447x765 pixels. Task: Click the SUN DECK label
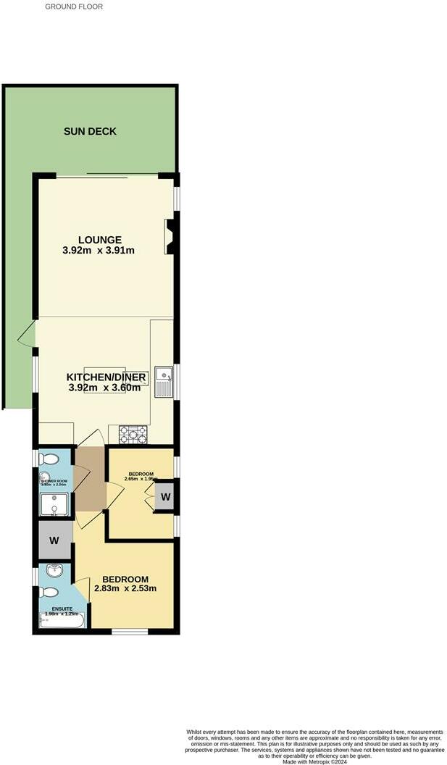click(x=90, y=131)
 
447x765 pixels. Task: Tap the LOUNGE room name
click(x=99, y=240)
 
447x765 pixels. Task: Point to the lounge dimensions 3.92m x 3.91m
click(x=99, y=251)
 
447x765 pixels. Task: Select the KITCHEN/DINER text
click(x=107, y=377)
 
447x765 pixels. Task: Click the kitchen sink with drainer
click(x=164, y=382)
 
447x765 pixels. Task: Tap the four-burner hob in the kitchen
click(x=133, y=435)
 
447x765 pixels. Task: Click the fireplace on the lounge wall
click(x=170, y=236)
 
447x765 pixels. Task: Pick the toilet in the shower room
click(x=49, y=459)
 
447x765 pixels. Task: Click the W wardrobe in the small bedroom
click(x=165, y=497)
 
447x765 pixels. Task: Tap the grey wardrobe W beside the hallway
click(x=54, y=540)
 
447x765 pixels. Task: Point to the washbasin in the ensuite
click(x=52, y=572)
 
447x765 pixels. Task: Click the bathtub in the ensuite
click(x=62, y=621)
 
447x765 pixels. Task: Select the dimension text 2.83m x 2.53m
click(x=125, y=588)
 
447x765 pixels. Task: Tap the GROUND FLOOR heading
click(x=74, y=7)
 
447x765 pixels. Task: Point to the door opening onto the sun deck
click(x=28, y=334)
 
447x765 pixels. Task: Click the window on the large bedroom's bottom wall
click(x=130, y=632)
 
